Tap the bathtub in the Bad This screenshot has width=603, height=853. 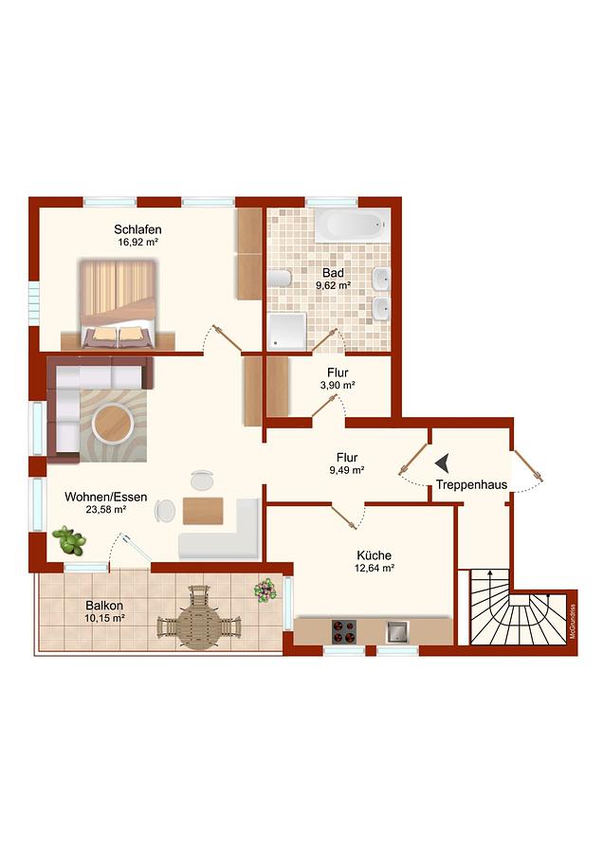click(x=353, y=225)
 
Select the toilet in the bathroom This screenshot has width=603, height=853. click(x=280, y=278)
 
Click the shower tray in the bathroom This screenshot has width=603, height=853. click(x=287, y=331)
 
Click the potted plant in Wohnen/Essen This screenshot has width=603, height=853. click(x=69, y=540)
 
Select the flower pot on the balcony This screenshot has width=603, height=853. click(x=265, y=590)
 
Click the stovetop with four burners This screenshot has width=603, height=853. click(x=344, y=631)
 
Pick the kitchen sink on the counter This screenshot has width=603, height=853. click(x=398, y=631)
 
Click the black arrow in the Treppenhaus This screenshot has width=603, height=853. click(x=442, y=463)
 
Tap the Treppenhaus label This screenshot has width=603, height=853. click(x=471, y=484)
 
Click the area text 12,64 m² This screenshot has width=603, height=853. click(x=375, y=568)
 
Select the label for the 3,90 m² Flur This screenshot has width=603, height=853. click(x=338, y=372)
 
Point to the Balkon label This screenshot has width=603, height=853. click(x=104, y=606)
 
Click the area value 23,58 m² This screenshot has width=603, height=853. click(x=106, y=510)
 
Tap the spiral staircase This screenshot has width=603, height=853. click(x=518, y=608)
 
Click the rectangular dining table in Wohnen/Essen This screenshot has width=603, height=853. click(x=203, y=511)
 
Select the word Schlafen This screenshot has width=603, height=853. click(x=137, y=229)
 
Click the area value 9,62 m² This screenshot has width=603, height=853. click(x=333, y=285)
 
